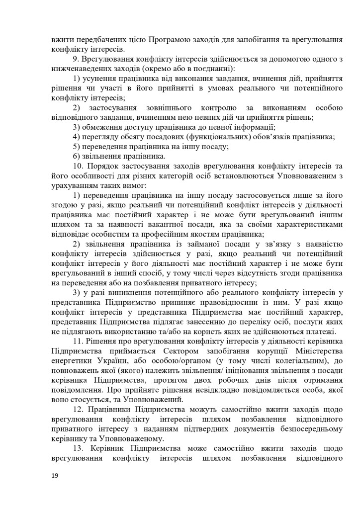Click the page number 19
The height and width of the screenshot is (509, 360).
point(55,475)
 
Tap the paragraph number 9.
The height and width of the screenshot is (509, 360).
point(76,59)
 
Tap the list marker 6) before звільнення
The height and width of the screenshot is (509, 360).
point(77,156)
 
